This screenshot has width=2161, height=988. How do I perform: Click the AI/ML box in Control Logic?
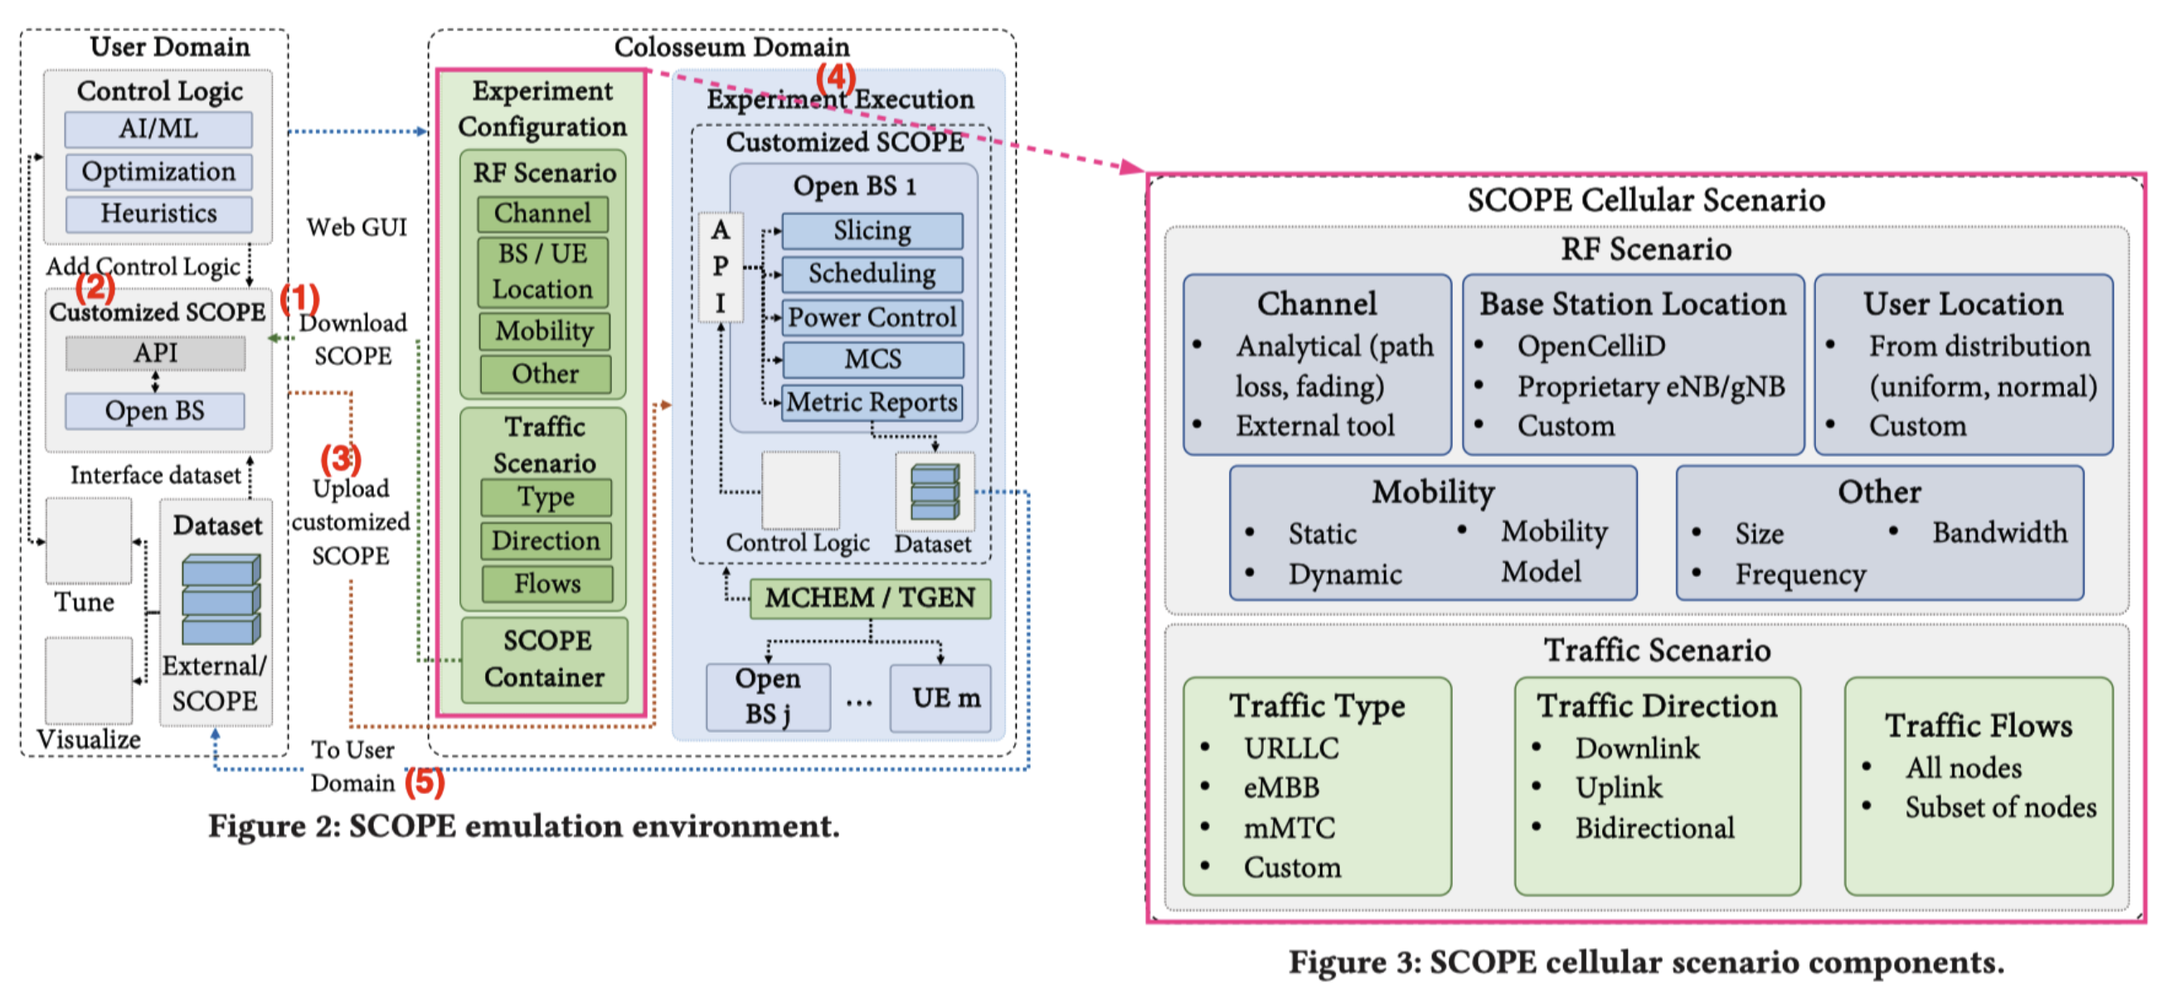point(158,129)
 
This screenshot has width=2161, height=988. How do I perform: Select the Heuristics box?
point(158,214)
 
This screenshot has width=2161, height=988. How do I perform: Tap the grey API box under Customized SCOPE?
point(156,353)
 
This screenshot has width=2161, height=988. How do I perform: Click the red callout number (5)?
point(425,782)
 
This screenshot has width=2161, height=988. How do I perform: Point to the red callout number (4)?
point(836,78)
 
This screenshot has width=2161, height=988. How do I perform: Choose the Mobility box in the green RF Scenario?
point(545,332)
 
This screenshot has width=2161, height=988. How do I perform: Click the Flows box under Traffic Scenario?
point(547,584)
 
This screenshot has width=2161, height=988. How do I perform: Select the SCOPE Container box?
point(545,659)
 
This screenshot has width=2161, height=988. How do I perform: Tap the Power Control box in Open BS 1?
point(872,317)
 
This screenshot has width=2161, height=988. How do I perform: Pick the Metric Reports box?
point(872,403)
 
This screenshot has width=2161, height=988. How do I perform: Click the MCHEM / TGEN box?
point(870,598)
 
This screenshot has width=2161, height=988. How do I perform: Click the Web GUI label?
point(357,227)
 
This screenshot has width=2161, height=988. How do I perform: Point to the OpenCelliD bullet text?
point(1590,346)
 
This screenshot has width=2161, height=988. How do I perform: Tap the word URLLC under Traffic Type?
point(1291,748)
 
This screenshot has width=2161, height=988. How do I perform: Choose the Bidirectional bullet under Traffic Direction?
point(1654,829)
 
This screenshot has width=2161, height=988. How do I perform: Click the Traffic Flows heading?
point(1978,726)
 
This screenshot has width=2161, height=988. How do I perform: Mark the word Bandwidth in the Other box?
point(1999,533)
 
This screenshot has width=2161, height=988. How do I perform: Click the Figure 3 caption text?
point(1645,962)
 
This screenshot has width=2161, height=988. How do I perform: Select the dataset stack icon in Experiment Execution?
point(935,492)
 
